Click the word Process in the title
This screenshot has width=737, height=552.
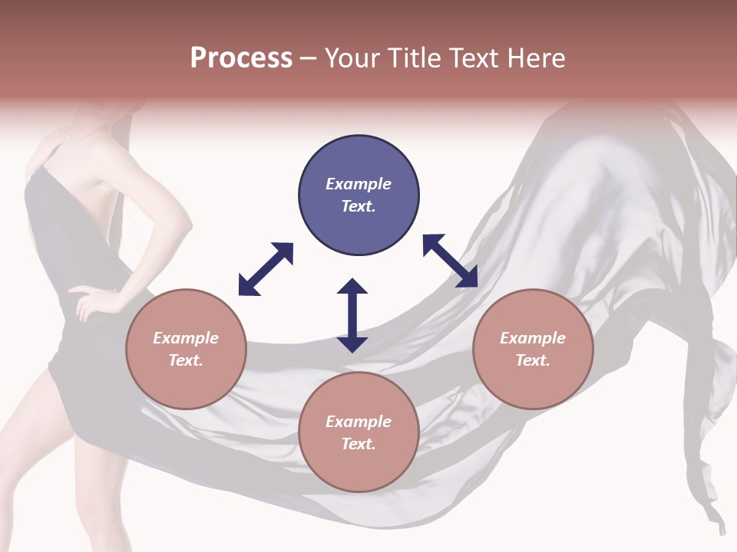[241, 58]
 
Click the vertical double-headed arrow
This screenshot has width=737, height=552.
[352, 315]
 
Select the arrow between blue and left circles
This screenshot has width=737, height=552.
[266, 269]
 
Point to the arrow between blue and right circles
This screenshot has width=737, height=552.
[451, 261]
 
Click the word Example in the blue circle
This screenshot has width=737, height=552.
[359, 184]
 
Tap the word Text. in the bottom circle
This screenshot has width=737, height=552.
[359, 444]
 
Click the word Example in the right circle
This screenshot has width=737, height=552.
[533, 338]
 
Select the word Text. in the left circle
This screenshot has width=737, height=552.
[186, 360]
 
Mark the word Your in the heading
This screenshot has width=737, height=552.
[349, 58]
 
